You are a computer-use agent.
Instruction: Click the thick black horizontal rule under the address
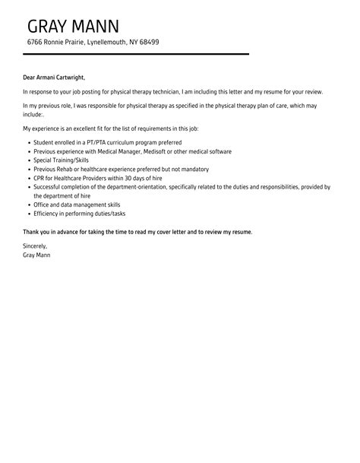137,54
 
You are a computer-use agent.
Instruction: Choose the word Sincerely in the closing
35,246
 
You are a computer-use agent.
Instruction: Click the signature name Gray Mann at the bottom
37,255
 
